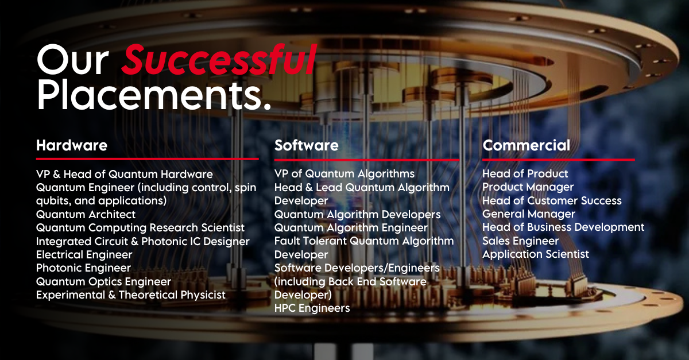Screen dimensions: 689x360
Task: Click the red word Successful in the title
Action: [x=219, y=59]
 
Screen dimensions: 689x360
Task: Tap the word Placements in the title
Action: [x=154, y=95]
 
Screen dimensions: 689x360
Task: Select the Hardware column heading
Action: [x=72, y=145]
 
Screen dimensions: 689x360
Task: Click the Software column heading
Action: [x=307, y=145]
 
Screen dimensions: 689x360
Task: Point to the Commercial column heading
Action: [x=527, y=145]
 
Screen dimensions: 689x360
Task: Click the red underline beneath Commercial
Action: [x=559, y=160]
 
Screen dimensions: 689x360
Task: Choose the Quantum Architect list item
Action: [x=86, y=215]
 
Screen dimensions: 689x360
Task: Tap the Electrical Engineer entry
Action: [x=84, y=255]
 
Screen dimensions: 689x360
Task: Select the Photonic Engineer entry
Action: [x=83, y=268]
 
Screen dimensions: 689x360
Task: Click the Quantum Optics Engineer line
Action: [x=103, y=281]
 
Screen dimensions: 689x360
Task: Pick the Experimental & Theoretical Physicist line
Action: [x=131, y=295]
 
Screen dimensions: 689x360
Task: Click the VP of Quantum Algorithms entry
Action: [x=344, y=174]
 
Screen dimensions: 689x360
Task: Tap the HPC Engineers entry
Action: [x=312, y=308]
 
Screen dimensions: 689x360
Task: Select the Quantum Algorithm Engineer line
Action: [x=351, y=228]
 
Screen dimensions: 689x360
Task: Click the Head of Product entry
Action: [x=525, y=173]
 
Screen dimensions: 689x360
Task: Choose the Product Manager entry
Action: [x=528, y=187]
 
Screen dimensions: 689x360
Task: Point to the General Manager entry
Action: [x=529, y=214]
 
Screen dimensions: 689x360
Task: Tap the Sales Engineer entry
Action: [x=520, y=241]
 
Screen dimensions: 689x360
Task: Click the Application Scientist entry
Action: [x=536, y=254]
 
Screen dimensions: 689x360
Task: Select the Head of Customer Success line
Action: [x=552, y=200]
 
